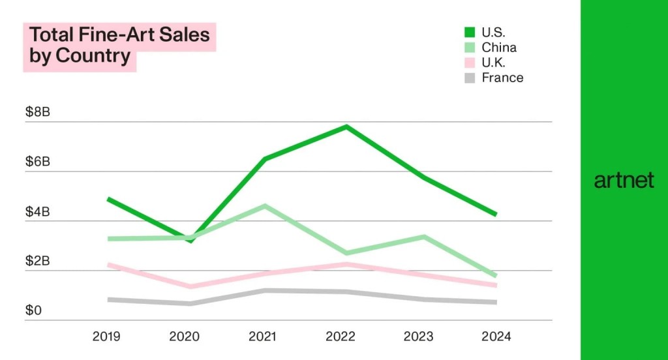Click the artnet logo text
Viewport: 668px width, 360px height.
624,181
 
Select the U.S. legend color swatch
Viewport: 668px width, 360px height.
469,32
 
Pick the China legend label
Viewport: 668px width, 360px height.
498,48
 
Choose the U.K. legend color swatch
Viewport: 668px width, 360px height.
469,63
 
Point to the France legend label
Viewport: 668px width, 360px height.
502,78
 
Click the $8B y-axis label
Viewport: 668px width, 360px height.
37,112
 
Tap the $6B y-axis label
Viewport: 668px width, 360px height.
37,162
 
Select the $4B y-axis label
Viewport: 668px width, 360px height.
37,212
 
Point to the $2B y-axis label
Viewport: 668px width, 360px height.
37,262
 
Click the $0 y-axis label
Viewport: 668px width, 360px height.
33,310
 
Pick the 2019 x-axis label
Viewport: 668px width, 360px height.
106,337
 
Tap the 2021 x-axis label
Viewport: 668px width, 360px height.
262,337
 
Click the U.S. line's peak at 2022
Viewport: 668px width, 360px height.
346,127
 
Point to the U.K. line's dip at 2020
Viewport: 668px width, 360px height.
190,286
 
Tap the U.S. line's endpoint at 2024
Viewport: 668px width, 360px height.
495,214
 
